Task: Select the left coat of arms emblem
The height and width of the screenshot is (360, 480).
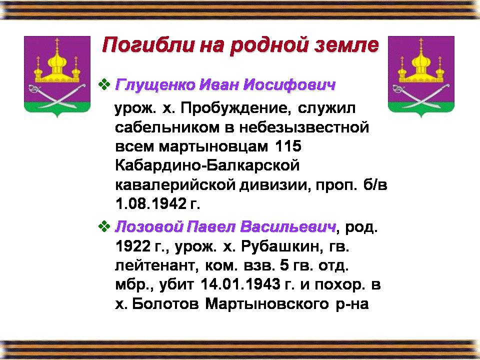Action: pyautogui.click(x=57, y=76)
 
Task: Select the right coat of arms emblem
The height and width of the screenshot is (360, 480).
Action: pyautogui.click(x=421, y=76)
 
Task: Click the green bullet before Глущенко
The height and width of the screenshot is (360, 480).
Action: pyautogui.click(x=104, y=85)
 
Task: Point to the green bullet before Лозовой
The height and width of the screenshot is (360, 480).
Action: pyautogui.click(x=104, y=226)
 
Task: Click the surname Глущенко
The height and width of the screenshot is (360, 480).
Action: pyautogui.click(x=155, y=85)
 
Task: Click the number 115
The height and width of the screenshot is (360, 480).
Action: pyautogui.click(x=288, y=146)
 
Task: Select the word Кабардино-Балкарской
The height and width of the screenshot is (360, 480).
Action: pyautogui.click(x=207, y=165)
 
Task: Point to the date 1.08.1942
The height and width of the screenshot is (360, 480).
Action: pyautogui.click(x=150, y=203)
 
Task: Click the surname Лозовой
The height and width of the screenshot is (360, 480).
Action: pyautogui.click(x=149, y=227)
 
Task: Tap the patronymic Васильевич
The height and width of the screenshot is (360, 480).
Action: pyautogui.click(x=288, y=227)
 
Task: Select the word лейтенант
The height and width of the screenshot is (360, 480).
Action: pyautogui.click(x=155, y=265)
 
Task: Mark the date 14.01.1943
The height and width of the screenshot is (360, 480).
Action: pyautogui.click(x=240, y=284)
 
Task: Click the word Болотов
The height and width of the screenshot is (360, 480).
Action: pyautogui.click(x=165, y=304)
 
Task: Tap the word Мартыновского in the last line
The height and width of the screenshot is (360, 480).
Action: pyautogui.click(x=267, y=304)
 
